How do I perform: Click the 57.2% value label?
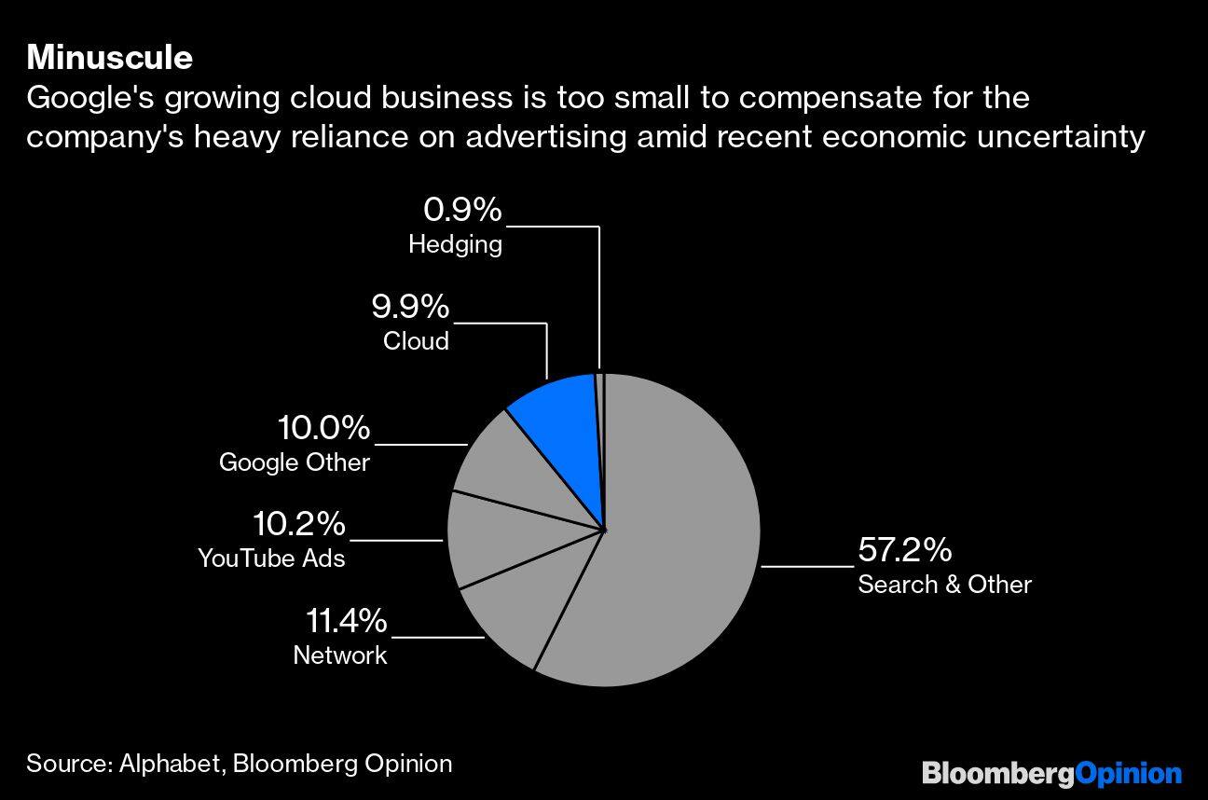pos(904,550)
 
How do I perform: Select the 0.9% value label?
pos(462,211)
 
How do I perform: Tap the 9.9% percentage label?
pos(409,307)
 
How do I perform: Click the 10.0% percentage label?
pos(323,429)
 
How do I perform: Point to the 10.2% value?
pos(299,524)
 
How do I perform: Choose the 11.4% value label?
pos(346,621)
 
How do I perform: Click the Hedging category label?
pos(455,245)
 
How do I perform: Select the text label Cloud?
pos(416,341)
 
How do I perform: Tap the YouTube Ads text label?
pos(271,559)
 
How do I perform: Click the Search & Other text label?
pos(944,585)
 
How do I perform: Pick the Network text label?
pos(339,655)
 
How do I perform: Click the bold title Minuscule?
pos(109,58)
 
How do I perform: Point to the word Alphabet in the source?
pos(171,764)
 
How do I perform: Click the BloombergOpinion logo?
pos(1051,773)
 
